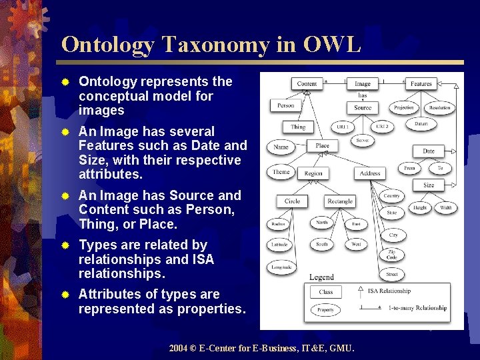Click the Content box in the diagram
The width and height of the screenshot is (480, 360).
(x=307, y=84)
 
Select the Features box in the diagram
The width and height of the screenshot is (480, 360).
(x=421, y=84)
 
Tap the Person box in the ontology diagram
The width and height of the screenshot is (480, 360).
(x=285, y=105)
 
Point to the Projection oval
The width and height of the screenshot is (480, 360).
(x=404, y=107)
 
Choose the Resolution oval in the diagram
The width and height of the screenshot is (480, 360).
(x=440, y=107)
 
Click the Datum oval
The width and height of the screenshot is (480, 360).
(x=421, y=124)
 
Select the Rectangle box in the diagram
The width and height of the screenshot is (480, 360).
(x=340, y=201)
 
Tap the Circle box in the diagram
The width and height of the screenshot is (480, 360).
(x=293, y=201)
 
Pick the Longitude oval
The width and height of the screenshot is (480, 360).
(x=281, y=267)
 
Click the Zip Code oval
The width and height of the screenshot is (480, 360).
(x=392, y=255)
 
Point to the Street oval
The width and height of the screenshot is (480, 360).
(x=391, y=274)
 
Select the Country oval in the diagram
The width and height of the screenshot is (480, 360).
(x=392, y=196)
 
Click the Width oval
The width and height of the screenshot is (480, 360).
(x=445, y=208)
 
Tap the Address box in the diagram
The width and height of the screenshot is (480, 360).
(x=370, y=173)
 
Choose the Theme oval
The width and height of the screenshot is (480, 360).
(x=281, y=172)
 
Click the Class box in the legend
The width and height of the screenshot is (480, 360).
(x=326, y=291)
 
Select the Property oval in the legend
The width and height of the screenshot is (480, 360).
(x=326, y=310)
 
